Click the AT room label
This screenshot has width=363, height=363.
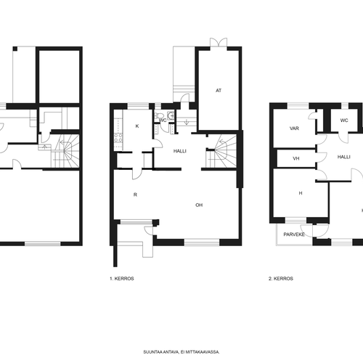tap(219, 91)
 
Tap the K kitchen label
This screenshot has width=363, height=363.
tap(137, 126)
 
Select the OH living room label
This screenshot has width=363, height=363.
tap(199, 205)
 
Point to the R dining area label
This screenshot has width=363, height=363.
tap(135, 195)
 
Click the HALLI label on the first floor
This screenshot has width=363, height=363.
tap(180, 151)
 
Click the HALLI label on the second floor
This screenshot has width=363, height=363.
tap(344, 157)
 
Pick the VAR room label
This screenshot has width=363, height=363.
tap(294, 129)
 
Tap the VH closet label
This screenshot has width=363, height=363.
tap(296, 158)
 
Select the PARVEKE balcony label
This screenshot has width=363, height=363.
tap(294, 234)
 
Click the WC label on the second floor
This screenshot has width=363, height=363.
tap(344, 121)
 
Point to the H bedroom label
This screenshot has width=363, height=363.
tap(301, 193)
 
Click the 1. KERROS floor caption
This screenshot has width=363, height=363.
tap(122, 279)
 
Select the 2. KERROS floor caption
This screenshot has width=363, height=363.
tap(281, 279)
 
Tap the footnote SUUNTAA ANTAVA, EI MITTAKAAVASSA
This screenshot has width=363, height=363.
tap(181, 352)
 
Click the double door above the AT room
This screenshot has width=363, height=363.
tap(219, 42)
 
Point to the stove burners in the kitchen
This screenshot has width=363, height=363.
tap(118, 138)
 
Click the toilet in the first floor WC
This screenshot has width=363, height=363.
tap(156, 115)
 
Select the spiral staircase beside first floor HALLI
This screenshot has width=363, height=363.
tap(221, 151)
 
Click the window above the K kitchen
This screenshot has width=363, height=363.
tap(138, 106)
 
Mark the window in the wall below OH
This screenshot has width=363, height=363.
tap(202, 242)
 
